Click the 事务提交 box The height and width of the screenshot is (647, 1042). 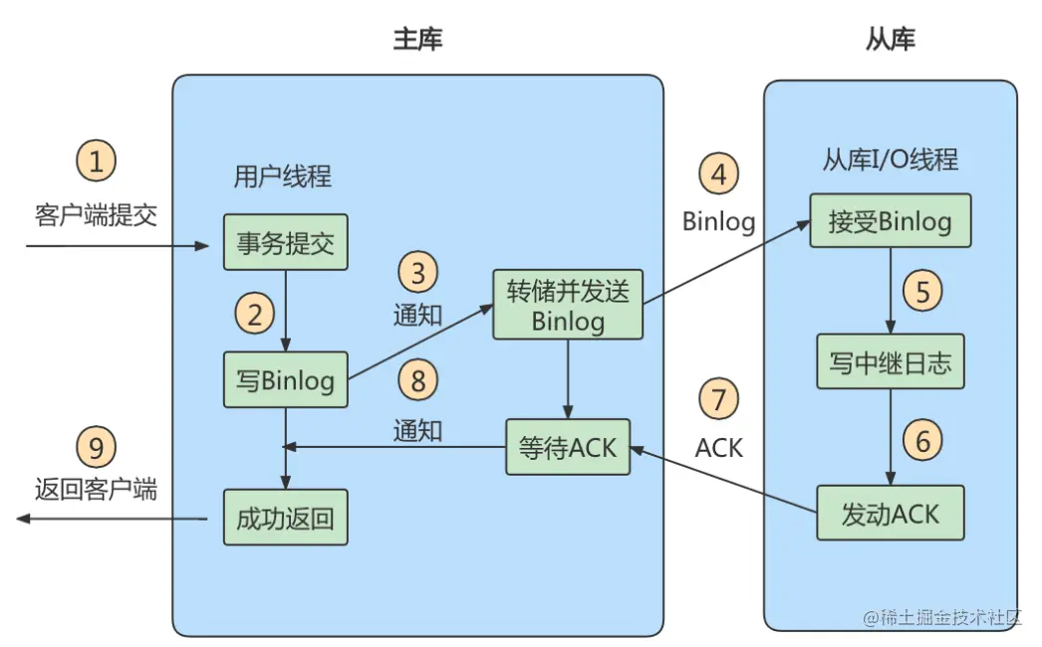(x=285, y=242)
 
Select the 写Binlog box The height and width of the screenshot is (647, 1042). (x=285, y=379)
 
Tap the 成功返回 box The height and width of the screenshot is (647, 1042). (x=285, y=517)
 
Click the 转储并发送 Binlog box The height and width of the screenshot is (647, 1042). (x=568, y=304)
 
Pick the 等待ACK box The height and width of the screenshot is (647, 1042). (x=568, y=448)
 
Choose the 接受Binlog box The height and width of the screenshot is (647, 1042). (x=890, y=221)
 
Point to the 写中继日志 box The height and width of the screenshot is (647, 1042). (x=890, y=363)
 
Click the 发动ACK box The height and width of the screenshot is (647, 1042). (x=890, y=513)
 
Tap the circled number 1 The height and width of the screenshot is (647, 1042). (x=97, y=160)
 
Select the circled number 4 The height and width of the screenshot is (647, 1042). (x=718, y=174)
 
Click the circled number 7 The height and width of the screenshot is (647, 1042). (x=718, y=400)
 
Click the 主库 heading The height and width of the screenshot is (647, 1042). (x=417, y=40)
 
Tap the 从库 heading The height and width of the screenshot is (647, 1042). (x=890, y=40)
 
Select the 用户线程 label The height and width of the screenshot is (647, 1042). (x=282, y=178)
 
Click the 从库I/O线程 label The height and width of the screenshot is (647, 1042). (x=890, y=159)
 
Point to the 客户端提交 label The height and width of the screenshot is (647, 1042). (x=97, y=215)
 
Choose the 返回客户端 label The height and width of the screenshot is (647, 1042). (x=97, y=489)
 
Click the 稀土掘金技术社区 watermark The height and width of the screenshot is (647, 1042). (x=942, y=617)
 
